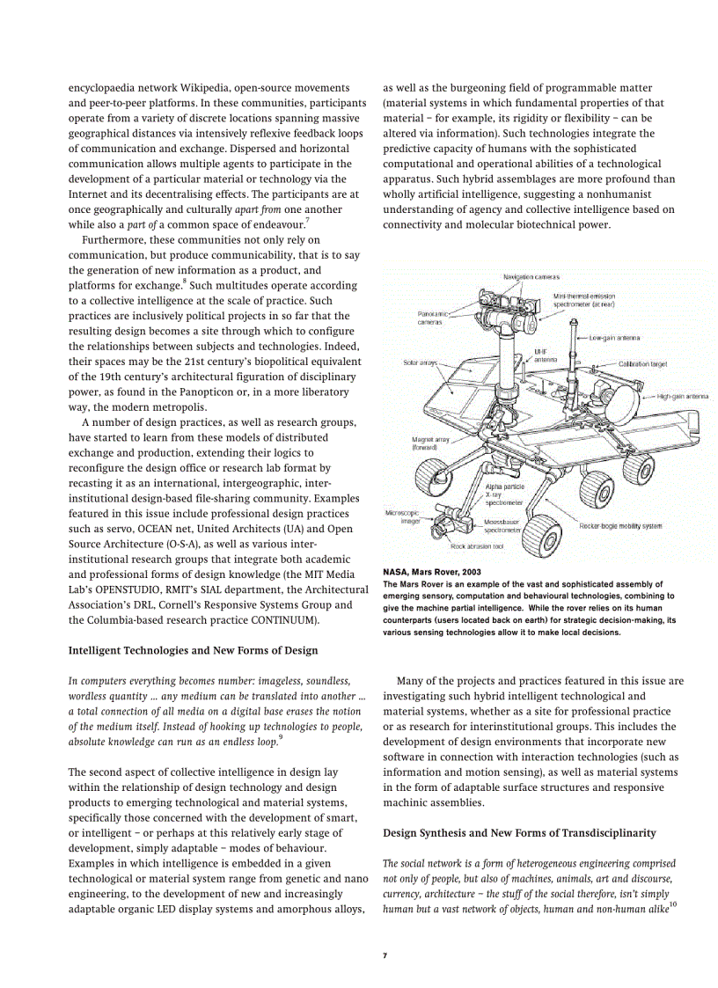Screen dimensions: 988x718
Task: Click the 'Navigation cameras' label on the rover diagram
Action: [x=531, y=277]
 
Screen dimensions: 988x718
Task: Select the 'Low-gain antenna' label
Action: [x=614, y=338]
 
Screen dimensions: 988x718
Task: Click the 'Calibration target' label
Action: [x=642, y=363]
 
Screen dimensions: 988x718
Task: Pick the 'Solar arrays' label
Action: [x=420, y=362]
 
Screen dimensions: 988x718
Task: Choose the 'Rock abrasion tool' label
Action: [x=477, y=546]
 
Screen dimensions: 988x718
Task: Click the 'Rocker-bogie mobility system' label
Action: [x=620, y=526]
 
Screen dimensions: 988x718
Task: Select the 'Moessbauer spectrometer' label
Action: [x=502, y=526]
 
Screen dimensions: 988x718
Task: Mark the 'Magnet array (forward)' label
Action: [x=430, y=443]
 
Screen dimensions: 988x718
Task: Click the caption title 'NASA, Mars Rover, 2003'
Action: [x=431, y=572]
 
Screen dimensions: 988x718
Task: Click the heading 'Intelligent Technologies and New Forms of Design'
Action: [x=193, y=650]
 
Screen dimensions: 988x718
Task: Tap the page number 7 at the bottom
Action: [x=385, y=955]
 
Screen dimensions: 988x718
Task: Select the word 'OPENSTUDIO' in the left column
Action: [x=126, y=589]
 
